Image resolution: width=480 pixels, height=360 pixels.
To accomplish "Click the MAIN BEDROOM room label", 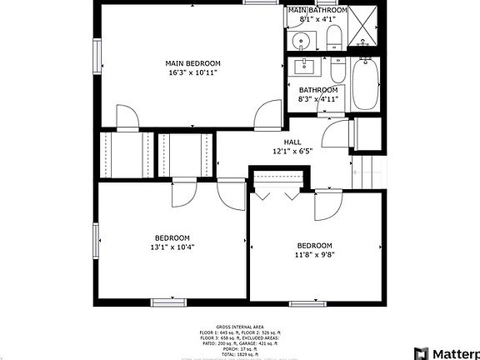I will pos(192,63).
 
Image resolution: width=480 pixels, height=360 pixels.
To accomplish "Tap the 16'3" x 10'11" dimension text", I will pos(192,72).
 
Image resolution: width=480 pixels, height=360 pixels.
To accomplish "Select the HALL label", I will pos(292,142).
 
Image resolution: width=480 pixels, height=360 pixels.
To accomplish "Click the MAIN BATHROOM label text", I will pos(317,9).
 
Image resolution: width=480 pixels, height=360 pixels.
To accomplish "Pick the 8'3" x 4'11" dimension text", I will pos(318,99).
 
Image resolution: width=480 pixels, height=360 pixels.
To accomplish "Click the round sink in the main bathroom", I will pos(302,39).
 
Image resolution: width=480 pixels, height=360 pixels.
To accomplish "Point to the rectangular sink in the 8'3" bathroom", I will pos(304,67).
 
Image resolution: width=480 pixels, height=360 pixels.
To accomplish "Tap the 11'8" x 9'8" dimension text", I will pos(317,254).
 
